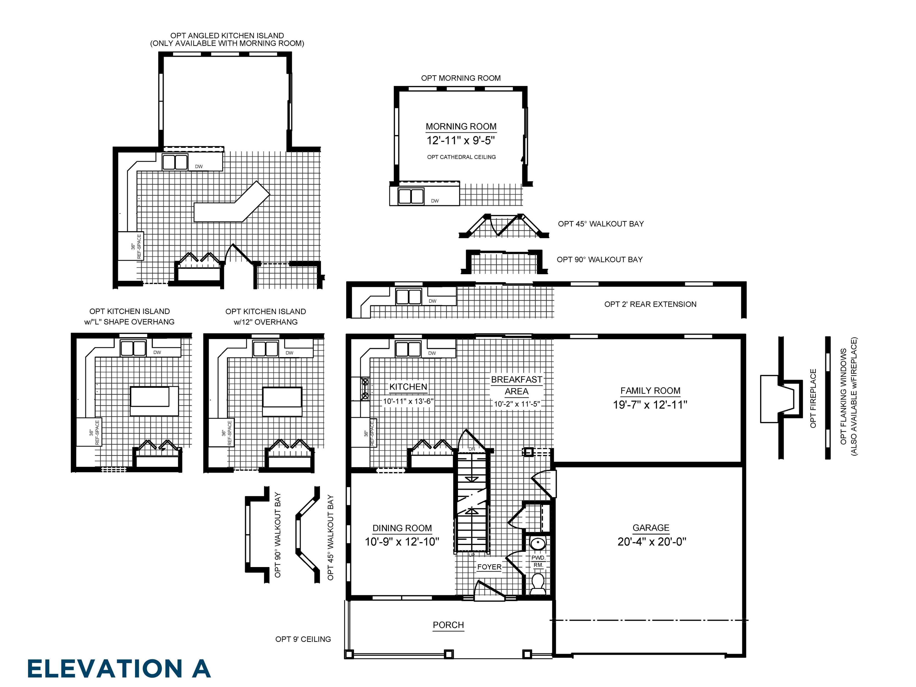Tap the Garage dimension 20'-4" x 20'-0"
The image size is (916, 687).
tap(651, 542)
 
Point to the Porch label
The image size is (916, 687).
tap(448, 625)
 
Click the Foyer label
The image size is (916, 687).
tap(489, 567)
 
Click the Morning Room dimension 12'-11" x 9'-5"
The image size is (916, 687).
tap(460, 140)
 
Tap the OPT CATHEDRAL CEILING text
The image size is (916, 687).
tap(461, 157)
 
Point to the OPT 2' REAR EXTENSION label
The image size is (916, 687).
tap(650, 304)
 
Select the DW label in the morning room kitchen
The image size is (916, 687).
tap(434, 201)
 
